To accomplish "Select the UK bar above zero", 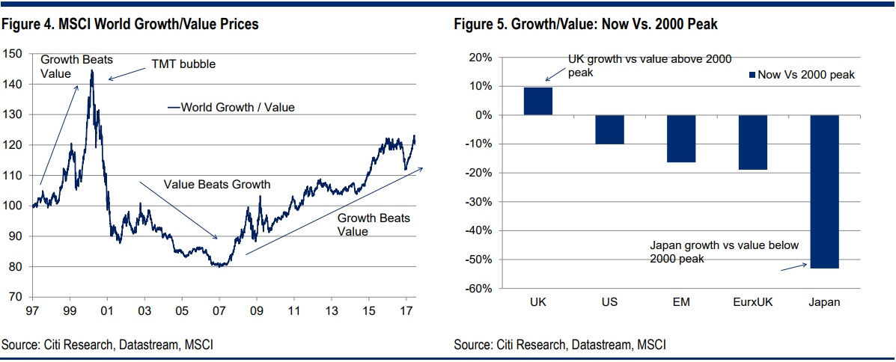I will tap(538, 101).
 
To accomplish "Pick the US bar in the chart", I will tap(609, 129).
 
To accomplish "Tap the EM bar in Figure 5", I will tap(681, 138).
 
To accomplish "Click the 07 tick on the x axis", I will tap(219, 309).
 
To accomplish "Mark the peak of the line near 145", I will tap(92, 70).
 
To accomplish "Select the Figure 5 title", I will tap(585, 25).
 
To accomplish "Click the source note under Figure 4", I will tap(102, 345).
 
